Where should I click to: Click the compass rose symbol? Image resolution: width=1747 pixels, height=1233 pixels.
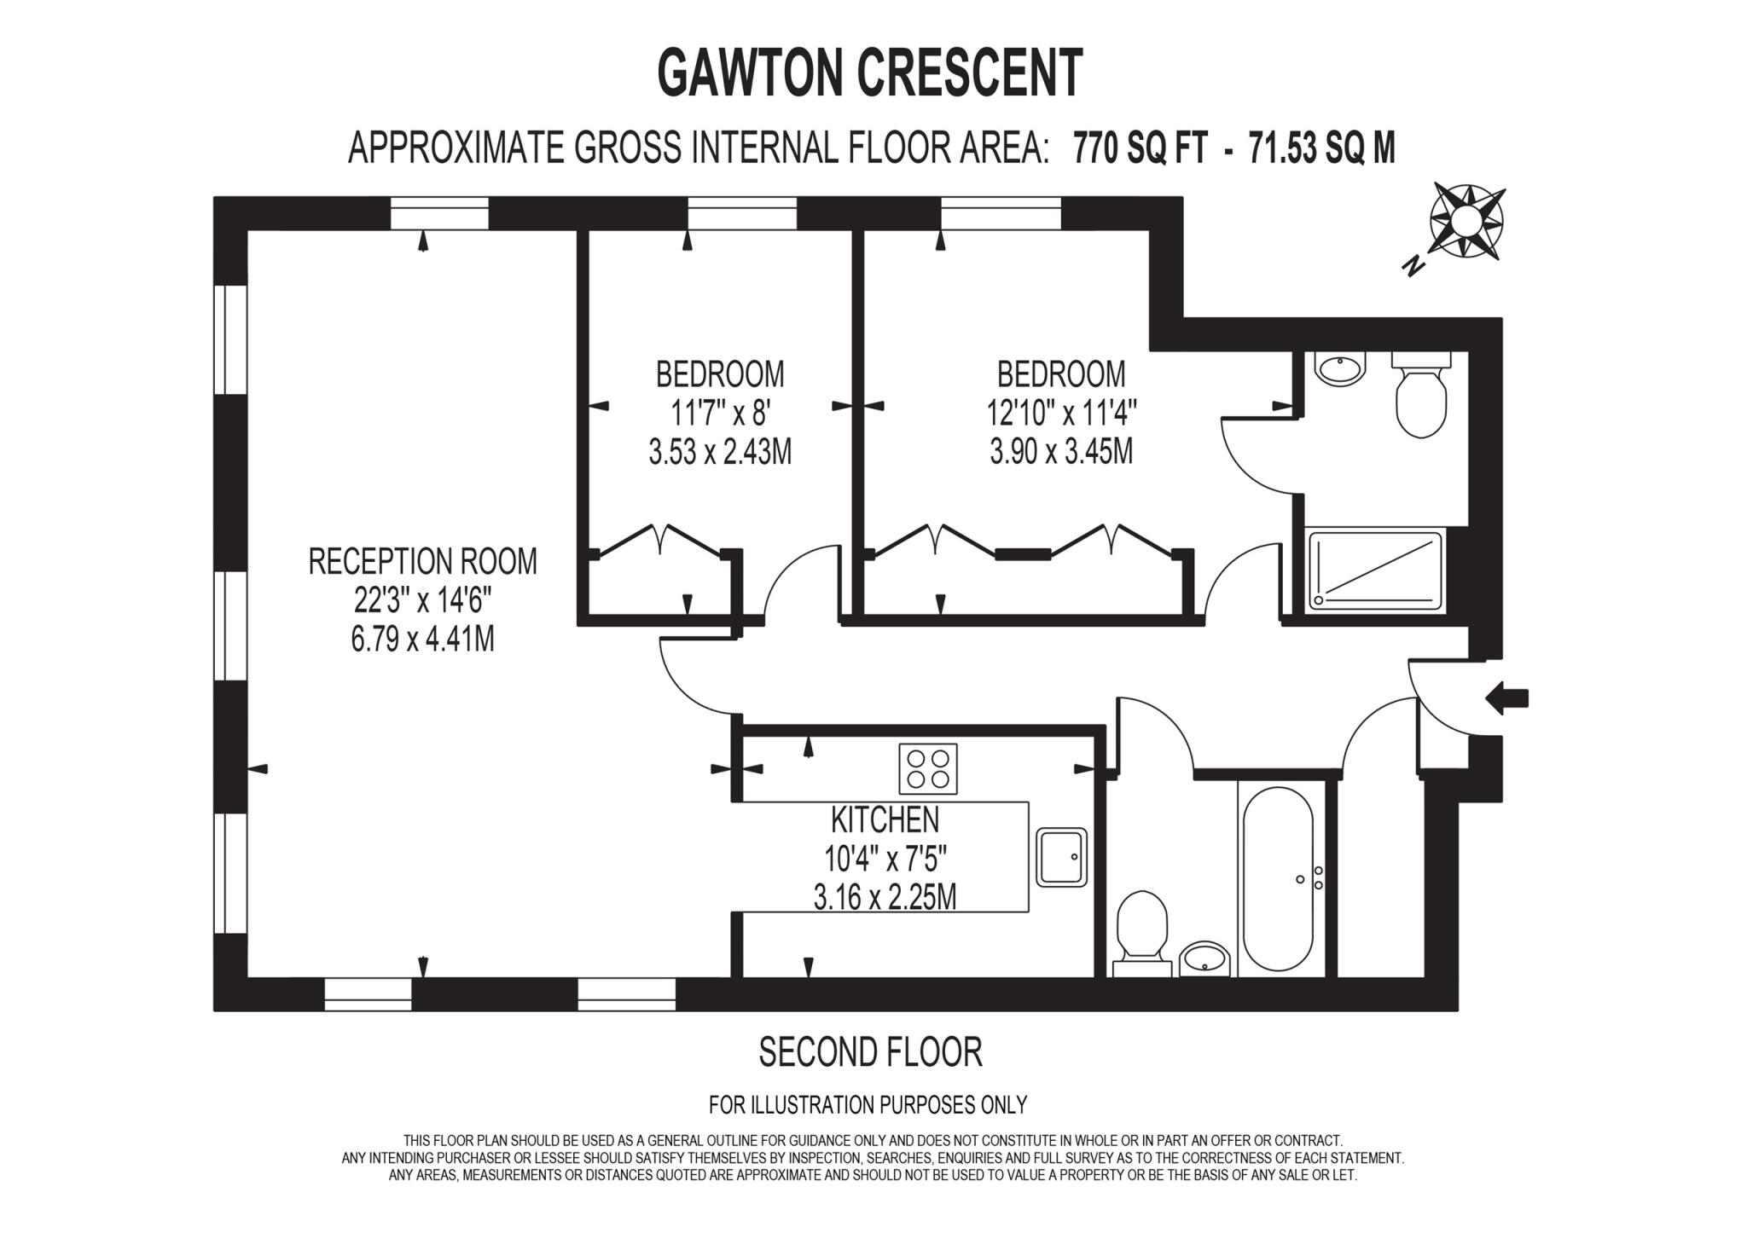[1466, 221]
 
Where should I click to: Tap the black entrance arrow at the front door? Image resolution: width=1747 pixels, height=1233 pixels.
[1506, 698]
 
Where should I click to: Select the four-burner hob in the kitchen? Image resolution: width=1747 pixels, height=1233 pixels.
[927, 768]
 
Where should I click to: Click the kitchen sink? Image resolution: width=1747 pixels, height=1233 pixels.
[1062, 857]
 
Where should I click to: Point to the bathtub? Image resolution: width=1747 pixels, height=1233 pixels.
[1277, 878]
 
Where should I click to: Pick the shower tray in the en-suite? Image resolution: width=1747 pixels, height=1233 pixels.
[1375, 570]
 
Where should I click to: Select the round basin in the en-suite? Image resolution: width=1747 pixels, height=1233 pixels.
[1340, 369]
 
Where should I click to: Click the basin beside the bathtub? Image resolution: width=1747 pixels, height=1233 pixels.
[1205, 958]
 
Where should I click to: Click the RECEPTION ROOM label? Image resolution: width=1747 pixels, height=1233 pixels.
[422, 562]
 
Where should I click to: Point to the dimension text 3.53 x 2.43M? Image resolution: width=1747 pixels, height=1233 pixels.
[720, 452]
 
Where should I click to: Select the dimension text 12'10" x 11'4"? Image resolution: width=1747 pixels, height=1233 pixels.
[1061, 414]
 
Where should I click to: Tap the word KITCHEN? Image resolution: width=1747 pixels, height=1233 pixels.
[885, 819]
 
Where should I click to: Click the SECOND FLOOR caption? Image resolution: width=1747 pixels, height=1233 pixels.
[870, 1051]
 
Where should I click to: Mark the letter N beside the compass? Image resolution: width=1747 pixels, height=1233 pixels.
[1413, 266]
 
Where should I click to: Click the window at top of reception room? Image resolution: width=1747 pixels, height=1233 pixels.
[439, 213]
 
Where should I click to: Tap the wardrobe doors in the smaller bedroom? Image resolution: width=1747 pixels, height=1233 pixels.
[663, 542]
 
